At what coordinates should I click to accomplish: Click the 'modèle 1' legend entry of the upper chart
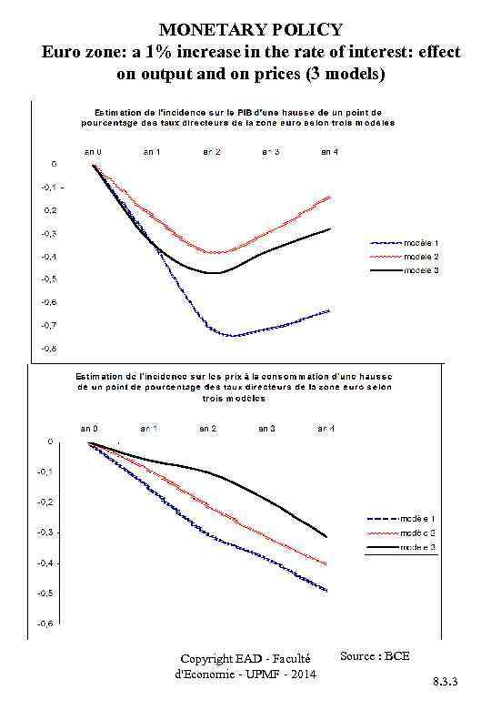click(421, 243)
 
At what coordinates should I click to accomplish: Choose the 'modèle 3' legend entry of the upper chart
click(421, 270)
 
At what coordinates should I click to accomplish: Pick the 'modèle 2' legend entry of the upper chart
click(421, 257)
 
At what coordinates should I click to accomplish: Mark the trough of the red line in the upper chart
click(216, 252)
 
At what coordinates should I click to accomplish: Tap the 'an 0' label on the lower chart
click(89, 427)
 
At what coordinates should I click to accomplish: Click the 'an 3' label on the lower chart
click(267, 427)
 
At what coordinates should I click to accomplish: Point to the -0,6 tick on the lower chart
click(43, 624)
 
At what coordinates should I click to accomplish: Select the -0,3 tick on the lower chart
click(43, 532)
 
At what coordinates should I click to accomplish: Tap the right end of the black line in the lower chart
click(326, 537)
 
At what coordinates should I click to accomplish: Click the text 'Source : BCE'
click(375, 655)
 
